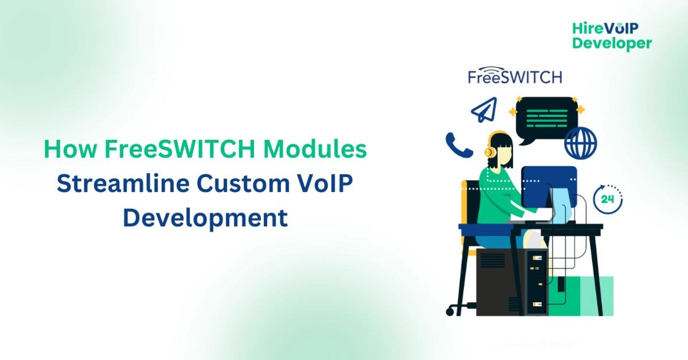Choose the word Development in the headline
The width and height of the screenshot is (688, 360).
(x=205, y=218)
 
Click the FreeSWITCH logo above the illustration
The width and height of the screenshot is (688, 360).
(x=515, y=75)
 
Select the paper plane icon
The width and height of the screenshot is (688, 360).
(x=484, y=109)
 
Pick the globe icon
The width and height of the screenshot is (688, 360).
(x=580, y=143)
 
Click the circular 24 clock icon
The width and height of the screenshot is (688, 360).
(x=608, y=199)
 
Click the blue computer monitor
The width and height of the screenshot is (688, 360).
(x=549, y=187)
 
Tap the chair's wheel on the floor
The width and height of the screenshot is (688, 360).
(x=450, y=311)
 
